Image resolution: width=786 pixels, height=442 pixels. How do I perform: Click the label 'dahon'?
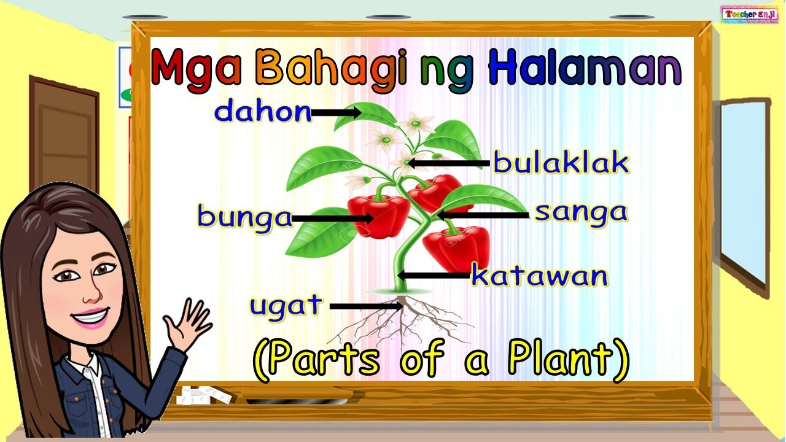click(263, 112)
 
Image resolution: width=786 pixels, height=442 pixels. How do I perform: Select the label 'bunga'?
click(244, 217)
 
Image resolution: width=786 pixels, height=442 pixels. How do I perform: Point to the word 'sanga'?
click(581, 212)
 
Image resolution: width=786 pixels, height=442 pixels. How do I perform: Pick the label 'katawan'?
click(539, 276)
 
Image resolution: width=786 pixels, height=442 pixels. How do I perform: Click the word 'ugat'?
click(286, 305)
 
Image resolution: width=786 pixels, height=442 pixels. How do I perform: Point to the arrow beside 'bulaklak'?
click(449, 163)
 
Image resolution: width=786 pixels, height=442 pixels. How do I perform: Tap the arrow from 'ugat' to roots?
click(366, 305)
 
